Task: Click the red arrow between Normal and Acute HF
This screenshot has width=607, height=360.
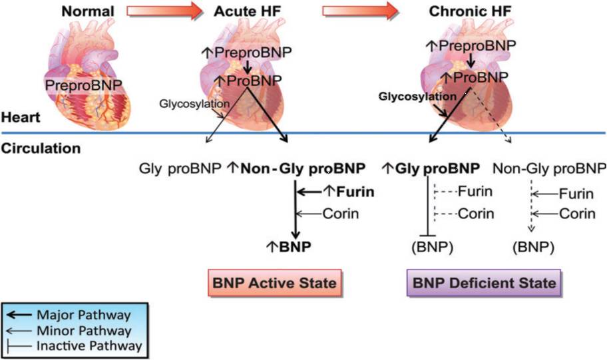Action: tap(163, 11)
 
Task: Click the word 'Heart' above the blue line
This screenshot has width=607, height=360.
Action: tap(20, 117)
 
